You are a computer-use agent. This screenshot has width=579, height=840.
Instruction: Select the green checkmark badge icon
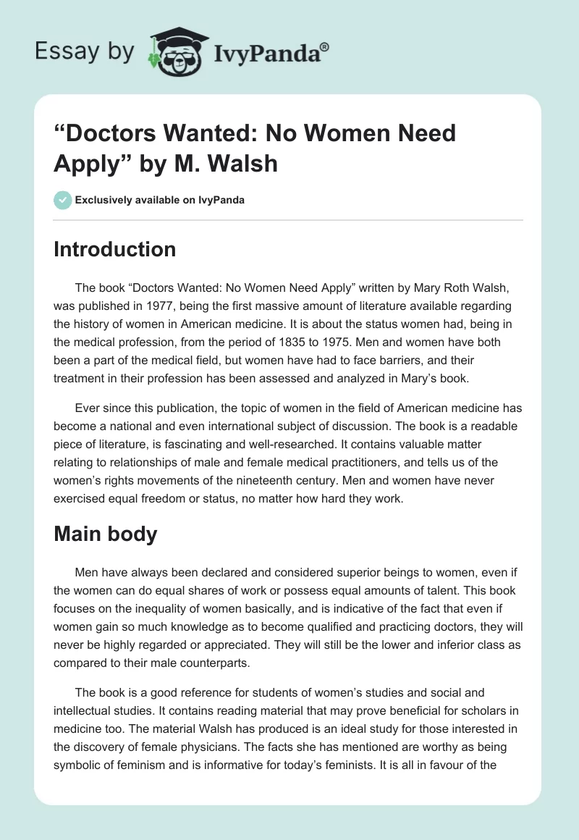[62, 200]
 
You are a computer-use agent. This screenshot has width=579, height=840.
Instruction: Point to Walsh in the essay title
[242, 163]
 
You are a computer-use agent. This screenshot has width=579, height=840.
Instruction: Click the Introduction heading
[114, 250]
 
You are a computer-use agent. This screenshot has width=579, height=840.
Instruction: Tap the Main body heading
[106, 534]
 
